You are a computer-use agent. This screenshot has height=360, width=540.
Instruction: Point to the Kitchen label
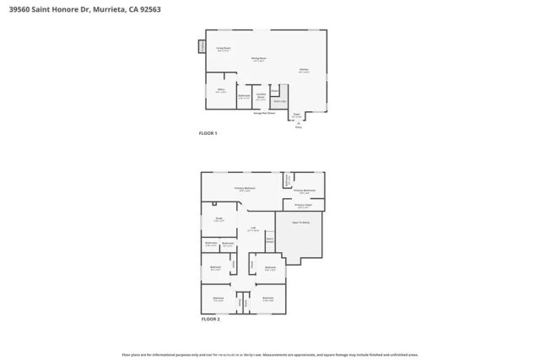click(303, 70)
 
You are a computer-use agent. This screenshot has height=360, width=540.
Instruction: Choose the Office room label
click(220, 91)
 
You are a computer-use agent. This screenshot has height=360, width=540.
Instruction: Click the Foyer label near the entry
click(296, 115)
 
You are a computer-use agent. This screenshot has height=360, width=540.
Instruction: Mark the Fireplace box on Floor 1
click(202, 46)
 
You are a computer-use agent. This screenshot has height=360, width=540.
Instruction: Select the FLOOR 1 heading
click(208, 134)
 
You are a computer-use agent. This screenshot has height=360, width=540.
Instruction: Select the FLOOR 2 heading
click(210, 320)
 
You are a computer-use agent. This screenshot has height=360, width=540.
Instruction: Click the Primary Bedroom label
click(245, 189)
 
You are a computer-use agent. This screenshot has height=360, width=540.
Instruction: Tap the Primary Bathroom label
click(304, 191)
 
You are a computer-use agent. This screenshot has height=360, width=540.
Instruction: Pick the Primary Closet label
click(303, 205)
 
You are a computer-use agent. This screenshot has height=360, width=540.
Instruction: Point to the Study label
click(219, 218)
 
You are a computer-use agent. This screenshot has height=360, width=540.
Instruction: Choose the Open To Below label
click(300, 223)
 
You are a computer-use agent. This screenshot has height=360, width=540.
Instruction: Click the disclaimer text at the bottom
click(270, 355)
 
